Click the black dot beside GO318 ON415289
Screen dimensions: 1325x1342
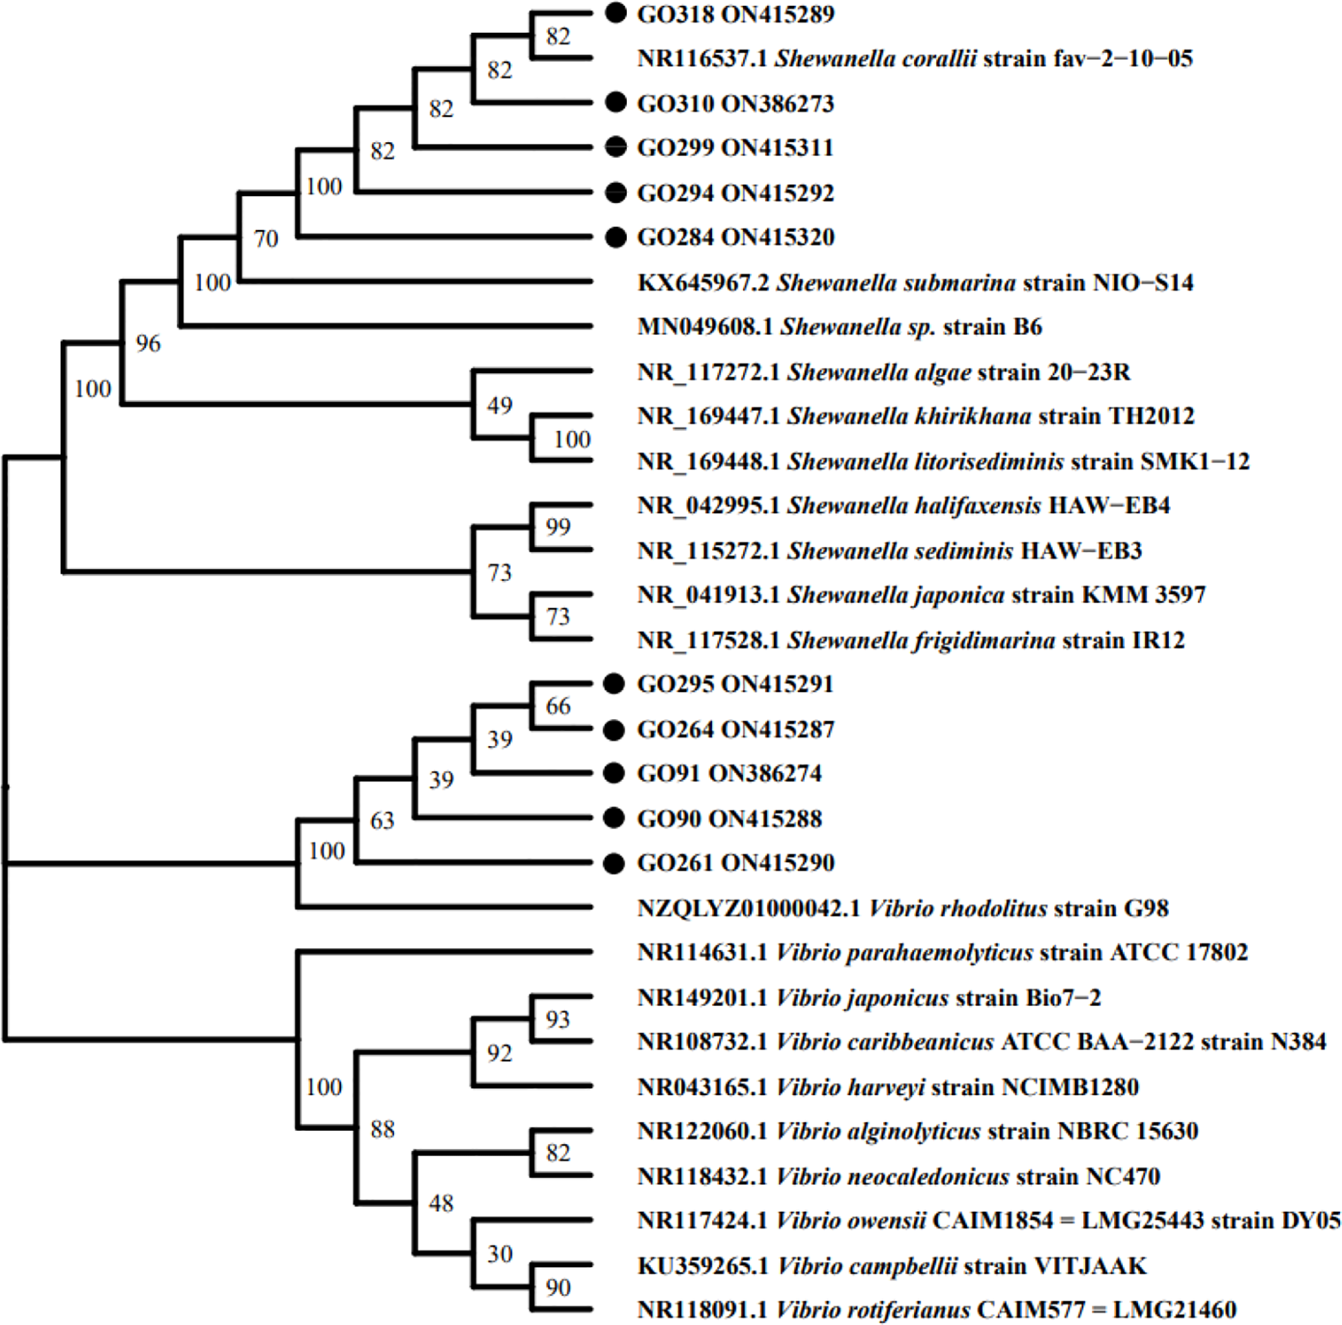pyautogui.click(x=616, y=12)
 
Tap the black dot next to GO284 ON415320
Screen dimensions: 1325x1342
pyautogui.click(x=616, y=237)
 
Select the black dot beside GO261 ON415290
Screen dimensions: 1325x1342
pyautogui.click(x=614, y=863)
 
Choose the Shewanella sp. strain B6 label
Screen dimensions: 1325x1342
pyautogui.click(x=840, y=326)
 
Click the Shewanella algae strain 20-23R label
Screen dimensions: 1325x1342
pyautogui.click(x=884, y=372)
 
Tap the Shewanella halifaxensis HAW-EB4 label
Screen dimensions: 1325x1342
pyautogui.click(x=903, y=505)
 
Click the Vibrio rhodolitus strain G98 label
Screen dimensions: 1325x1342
pyautogui.click(x=903, y=908)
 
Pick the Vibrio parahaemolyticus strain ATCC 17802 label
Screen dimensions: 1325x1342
pyautogui.click(x=942, y=952)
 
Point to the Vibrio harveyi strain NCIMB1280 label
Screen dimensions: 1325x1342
pyautogui.click(x=888, y=1086)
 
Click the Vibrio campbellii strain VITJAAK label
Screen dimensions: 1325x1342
pyautogui.click(x=892, y=1266)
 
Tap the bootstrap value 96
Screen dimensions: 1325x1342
pyautogui.click(x=148, y=344)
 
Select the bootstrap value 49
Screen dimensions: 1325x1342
pyautogui.click(x=500, y=405)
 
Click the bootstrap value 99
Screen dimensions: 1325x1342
pyautogui.click(x=558, y=527)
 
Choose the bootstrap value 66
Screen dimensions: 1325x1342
pyautogui.click(x=558, y=706)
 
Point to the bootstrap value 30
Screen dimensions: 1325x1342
pyautogui.click(x=500, y=1254)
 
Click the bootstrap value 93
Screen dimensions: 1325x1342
pyautogui.click(x=558, y=1019)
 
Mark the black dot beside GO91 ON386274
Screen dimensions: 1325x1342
pyautogui.click(x=614, y=772)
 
